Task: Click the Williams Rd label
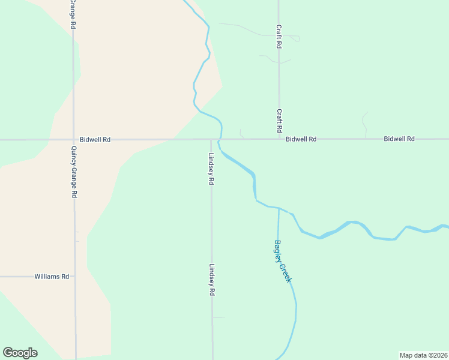click(52, 277)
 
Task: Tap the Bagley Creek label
click(282, 262)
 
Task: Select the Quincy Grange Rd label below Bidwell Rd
click(74, 173)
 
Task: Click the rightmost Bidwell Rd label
click(399, 139)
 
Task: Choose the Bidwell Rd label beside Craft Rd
click(301, 139)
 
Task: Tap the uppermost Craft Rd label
click(279, 37)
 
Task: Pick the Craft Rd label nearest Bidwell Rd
click(279, 121)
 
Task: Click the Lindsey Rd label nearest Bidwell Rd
click(211, 169)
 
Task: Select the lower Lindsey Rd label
click(212, 280)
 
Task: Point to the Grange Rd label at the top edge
click(73, 14)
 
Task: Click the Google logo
click(20, 353)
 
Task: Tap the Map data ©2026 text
click(423, 355)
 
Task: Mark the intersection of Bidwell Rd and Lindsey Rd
click(211, 139)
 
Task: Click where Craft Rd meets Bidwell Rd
click(279, 139)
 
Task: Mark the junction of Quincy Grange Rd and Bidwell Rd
click(74, 139)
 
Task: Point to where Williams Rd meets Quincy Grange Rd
click(74, 277)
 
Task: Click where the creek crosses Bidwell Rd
click(220, 139)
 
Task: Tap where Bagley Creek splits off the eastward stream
click(279, 209)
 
